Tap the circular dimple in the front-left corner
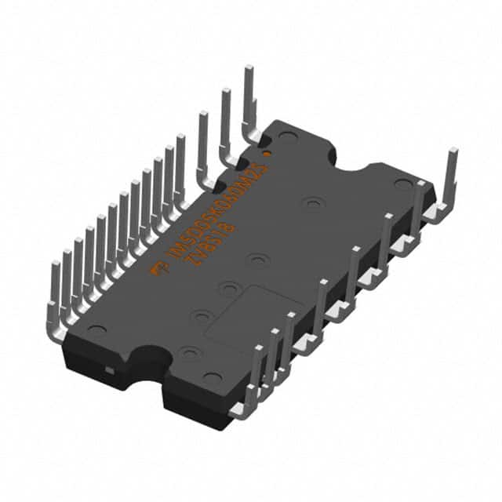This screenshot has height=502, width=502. pyautogui.click(x=96, y=330)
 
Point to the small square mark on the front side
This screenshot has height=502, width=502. pyautogui.click(x=111, y=369)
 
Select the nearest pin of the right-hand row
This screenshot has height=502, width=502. pyautogui.click(x=254, y=376)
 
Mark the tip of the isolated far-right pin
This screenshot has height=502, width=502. pyautogui.click(x=453, y=151)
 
